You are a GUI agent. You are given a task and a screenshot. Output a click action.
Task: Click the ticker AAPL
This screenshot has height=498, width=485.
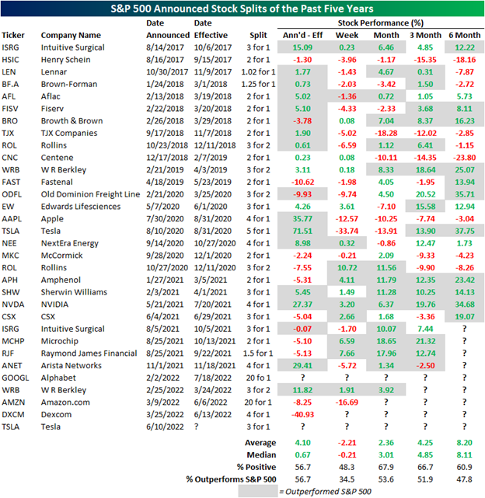(12, 219)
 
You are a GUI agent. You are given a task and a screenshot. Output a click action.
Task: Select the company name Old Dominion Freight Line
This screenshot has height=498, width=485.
(90, 194)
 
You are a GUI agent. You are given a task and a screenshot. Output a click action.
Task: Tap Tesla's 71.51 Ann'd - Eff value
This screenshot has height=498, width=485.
(302, 231)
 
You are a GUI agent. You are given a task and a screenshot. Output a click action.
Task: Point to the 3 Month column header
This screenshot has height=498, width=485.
(425, 35)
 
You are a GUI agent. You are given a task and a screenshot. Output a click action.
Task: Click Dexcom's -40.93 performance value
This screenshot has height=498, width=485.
(302, 414)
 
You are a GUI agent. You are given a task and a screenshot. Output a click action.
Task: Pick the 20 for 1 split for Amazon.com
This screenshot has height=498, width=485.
(258, 402)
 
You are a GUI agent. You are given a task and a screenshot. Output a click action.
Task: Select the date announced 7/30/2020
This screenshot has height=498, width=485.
(165, 219)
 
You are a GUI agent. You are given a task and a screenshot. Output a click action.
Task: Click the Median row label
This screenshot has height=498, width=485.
(261, 454)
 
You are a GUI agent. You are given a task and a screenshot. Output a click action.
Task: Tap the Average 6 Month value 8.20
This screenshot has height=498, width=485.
(464, 443)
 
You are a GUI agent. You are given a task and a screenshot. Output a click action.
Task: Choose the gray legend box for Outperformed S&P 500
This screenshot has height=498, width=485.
(258, 491)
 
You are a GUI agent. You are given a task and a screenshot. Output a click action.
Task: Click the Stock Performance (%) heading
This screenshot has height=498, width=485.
(380, 23)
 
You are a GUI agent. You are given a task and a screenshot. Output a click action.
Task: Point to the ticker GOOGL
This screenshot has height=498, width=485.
(16, 378)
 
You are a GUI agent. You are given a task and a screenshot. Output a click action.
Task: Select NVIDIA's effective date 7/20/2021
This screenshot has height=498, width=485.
(213, 305)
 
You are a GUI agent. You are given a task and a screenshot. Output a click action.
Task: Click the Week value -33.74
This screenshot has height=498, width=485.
(347, 231)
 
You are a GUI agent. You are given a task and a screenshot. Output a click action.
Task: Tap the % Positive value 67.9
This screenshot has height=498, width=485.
(386, 467)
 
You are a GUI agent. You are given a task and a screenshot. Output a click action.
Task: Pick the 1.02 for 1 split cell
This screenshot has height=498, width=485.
(258, 72)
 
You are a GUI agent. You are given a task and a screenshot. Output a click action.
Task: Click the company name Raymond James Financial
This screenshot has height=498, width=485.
(89, 353)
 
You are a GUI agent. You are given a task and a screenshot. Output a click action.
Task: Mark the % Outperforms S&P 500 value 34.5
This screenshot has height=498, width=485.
(347, 479)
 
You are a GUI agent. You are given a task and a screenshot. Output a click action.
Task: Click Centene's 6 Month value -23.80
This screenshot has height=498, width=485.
(464, 158)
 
